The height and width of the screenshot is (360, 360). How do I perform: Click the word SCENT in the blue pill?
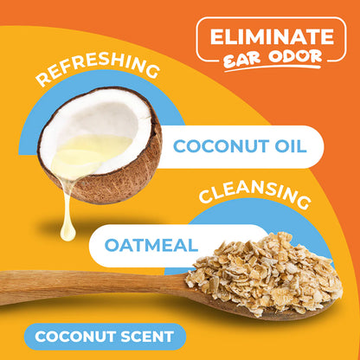pos(144,337)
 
